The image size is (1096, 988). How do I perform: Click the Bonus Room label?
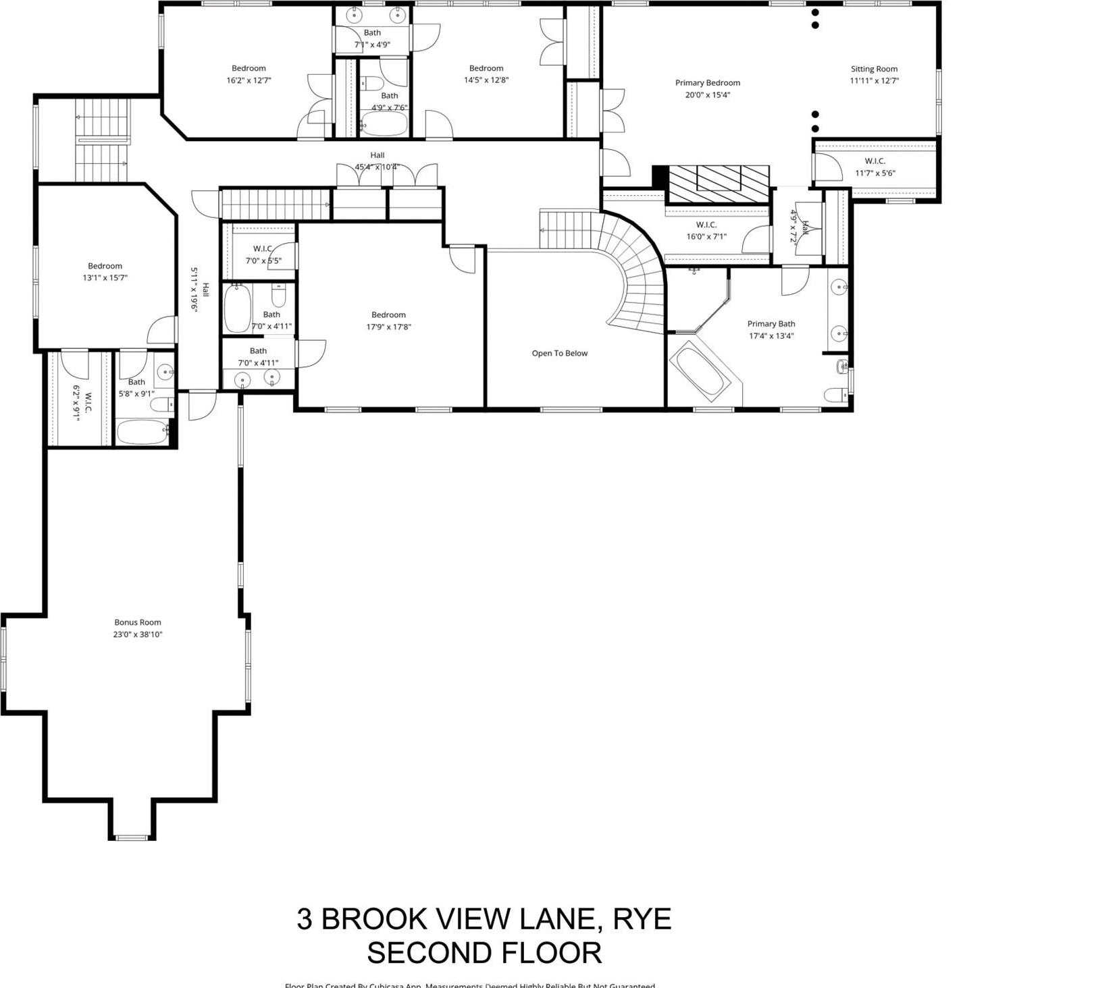click(x=138, y=622)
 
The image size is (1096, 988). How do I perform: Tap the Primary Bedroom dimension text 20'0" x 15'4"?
click(x=707, y=95)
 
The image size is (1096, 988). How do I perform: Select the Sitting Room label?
click(x=874, y=69)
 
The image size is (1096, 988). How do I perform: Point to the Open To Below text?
click(x=559, y=353)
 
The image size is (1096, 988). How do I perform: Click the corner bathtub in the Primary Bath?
click(x=700, y=370)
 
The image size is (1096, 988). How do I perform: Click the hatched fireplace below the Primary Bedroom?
click(x=717, y=184)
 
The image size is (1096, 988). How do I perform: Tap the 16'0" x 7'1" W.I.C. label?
click(x=706, y=231)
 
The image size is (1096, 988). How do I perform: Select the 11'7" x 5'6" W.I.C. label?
click(x=875, y=167)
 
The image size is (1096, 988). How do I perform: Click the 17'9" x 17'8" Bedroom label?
click(x=388, y=321)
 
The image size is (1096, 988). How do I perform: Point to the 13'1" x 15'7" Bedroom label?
click(x=105, y=271)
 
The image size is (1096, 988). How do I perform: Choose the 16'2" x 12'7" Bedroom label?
click(x=249, y=74)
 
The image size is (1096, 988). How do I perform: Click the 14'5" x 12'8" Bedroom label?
click(x=486, y=74)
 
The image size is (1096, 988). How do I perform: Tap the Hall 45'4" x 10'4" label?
click(x=377, y=161)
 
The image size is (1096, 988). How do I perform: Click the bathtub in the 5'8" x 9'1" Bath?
click(x=142, y=432)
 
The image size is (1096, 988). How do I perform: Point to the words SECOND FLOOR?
click(x=484, y=953)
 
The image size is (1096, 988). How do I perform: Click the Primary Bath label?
click(x=771, y=324)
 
